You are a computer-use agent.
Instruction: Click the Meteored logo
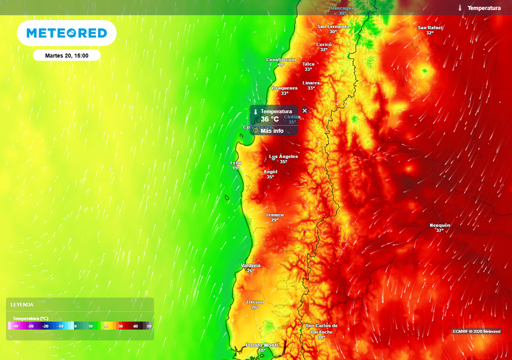click(x=66, y=33)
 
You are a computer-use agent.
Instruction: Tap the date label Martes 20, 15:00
click(x=66, y=55)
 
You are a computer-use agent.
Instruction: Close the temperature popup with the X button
click(x=304, y=111)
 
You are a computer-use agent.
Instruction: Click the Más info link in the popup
click(x=271, y=131)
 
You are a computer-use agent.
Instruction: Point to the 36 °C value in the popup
click(x=269, y=119)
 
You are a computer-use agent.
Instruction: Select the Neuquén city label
click(x=440, y=225)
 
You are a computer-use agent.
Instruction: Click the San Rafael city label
click(x=430, y=27)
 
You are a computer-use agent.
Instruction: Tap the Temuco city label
click(x=274, y=215)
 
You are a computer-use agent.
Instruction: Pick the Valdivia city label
click(x=250, y=265)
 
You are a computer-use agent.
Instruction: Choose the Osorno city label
click(x=255, y=302)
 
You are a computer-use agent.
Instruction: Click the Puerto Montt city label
click(x=261, y=345)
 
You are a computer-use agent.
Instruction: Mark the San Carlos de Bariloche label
click(x=321, y=328)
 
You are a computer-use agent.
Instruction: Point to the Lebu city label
click(x=235, y=163)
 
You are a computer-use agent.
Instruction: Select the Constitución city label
click(x=281, y=59)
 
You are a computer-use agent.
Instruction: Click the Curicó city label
click(x=324, y=44)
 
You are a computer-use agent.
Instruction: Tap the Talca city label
click(x=308, y=64)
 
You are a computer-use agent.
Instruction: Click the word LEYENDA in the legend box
click(x=22, y=304)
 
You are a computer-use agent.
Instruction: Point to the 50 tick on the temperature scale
click(x=149, y=326)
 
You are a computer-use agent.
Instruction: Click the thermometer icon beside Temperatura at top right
click(x=460, y=8)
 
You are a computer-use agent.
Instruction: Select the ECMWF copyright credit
click(x=476, y=331)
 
